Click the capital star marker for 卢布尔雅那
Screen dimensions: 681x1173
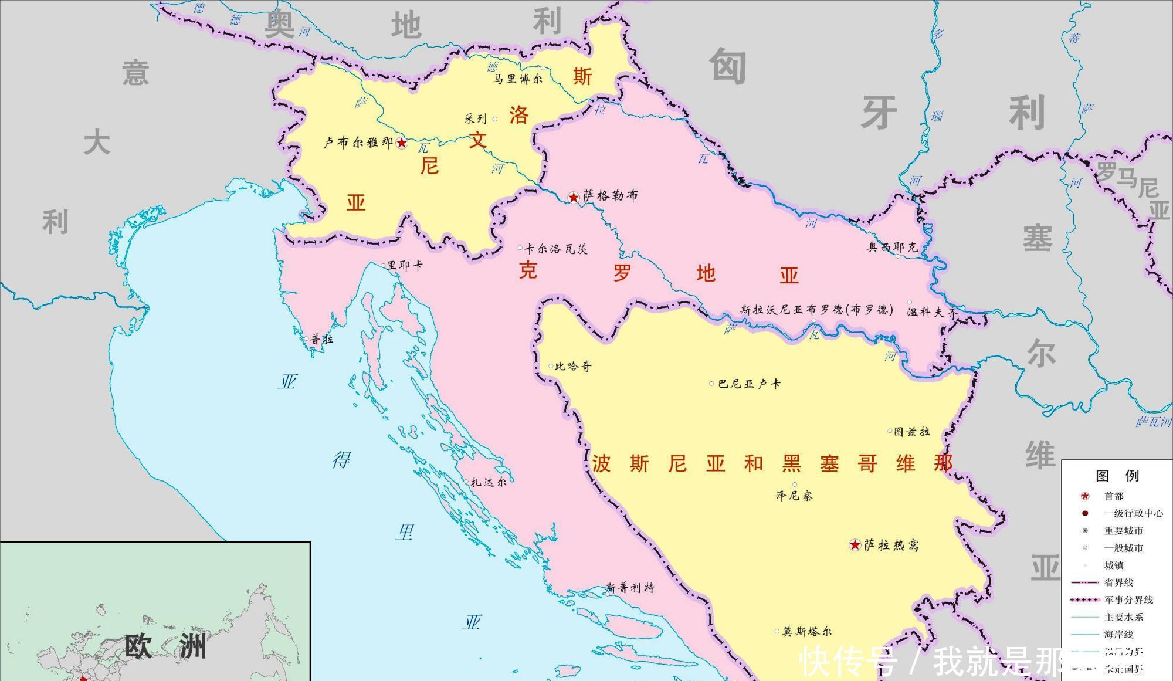(x=402, y=143)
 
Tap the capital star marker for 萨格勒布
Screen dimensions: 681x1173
(x=574, y=198)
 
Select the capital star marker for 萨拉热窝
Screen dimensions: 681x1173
(x=855, y=546)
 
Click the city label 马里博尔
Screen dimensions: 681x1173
(x=517, y=79)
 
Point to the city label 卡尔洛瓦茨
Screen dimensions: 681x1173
(x=556, y=249)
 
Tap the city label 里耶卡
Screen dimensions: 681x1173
(x=405, y=266)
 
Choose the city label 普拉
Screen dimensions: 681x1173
(x=322, y=339)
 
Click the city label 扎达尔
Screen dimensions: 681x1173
(x=489, y=482)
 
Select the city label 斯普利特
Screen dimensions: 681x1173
(x=630, y=588)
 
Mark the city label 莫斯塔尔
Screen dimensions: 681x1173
(x=807, y=632)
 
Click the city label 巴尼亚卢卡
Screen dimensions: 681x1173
(x=750, y=384)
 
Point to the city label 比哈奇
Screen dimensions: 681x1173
(x=574, y=367)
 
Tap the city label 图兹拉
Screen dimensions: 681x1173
(x=912, y=432)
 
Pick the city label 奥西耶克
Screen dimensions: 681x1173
(x=893, y=248)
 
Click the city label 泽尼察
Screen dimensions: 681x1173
(x=794, y=496)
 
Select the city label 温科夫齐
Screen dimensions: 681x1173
(x=931, y=313)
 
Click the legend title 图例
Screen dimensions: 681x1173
(x=1117, y=476)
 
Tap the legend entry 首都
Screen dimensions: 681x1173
(x=1114, y=496)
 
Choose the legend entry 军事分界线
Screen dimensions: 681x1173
(x=1128, y=600)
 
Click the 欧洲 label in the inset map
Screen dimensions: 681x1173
(x=166, y=646)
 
